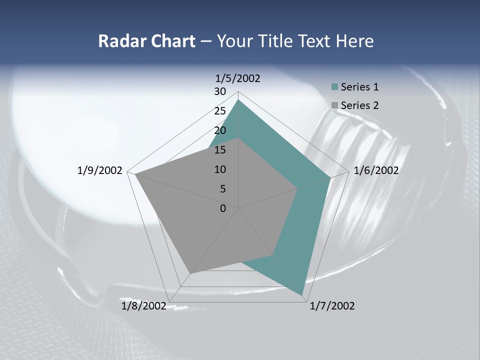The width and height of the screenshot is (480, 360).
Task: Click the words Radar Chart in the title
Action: tap(146, 41)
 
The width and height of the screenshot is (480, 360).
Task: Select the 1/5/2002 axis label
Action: tap(238, 78)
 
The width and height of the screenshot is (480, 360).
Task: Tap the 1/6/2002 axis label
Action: tap(376, 170)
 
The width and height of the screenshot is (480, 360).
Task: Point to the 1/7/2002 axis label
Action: tap(332, 306)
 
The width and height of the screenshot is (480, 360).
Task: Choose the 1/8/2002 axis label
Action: tap(143, 306)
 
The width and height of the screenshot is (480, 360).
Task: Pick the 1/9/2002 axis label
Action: tap(100, 170)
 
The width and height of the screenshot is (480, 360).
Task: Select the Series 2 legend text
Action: tap(359, 105)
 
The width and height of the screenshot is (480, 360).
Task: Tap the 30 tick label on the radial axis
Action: tap(220, 91)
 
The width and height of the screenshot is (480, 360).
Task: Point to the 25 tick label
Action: tap(220, 111)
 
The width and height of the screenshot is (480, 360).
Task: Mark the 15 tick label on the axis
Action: tap(220, 150)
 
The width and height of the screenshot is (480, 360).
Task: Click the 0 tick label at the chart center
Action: tap(223, 208)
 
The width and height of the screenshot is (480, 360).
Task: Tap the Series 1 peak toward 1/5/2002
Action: tap(238, 99)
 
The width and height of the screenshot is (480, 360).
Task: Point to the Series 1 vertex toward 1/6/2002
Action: tap(330, 177)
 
